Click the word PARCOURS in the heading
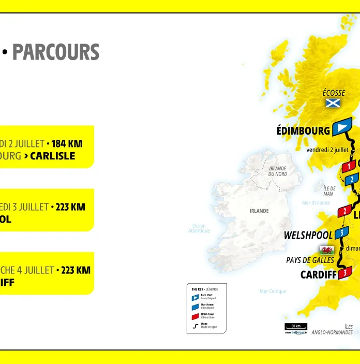click(x=55, y=52)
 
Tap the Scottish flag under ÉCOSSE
click(x=333, y=103)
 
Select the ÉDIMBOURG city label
click(x=303, y=130)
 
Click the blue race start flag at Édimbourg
click(x=342, y=127)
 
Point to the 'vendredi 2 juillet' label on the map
click(x=327, y=150)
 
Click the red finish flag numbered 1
click(x=349, y=166)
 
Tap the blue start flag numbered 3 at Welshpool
click(x=341, y=233)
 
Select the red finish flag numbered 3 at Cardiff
click(x=345, y=272)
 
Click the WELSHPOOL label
click(x=308, y=235)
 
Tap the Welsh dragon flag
click(x=326, y=250)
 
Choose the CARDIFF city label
click(x=318, y=274)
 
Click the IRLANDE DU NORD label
click(x=277, y=171)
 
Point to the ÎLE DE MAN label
click(x=329, y=191)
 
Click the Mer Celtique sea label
click(x=273, y=292)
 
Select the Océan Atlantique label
click(x=199, y=228)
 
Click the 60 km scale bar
click(x=296, y=327)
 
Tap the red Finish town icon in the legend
click(x=196, y=316)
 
